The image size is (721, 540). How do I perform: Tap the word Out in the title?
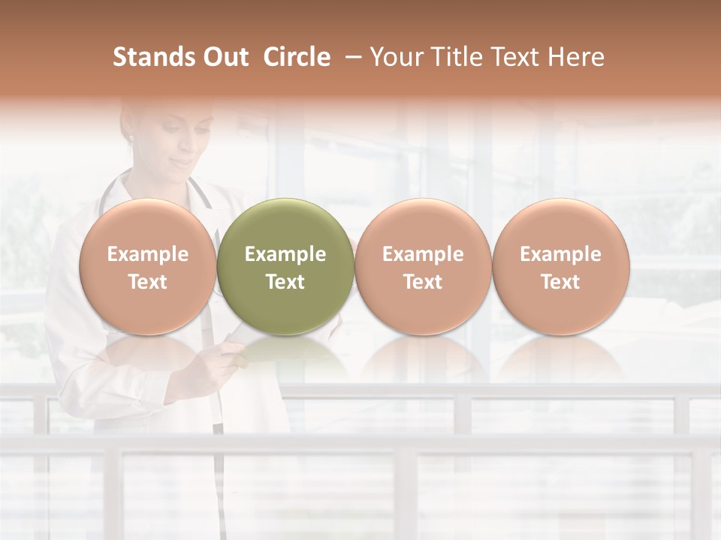point(223,57)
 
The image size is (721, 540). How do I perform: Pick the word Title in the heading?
point(457,57)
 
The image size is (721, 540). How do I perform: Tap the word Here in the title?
point(575,57)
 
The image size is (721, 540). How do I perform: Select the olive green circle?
point(285,225)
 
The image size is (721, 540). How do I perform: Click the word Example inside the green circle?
point(285,254)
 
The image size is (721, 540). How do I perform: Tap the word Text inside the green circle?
point(285,282)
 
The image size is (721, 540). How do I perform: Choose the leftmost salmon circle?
point(147,225)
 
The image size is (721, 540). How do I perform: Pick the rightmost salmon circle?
point(560,225)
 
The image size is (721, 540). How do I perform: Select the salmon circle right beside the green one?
point(423,225)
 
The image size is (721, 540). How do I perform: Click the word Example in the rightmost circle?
point(560,254)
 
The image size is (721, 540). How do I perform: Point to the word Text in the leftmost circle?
point(147,282)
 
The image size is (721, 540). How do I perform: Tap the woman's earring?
point(130,138)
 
